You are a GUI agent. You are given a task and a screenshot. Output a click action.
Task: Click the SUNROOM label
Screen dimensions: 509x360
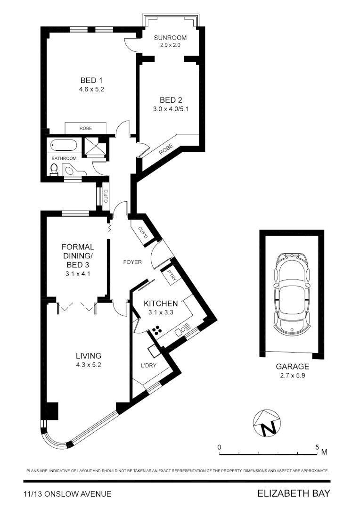(x=170, y=38)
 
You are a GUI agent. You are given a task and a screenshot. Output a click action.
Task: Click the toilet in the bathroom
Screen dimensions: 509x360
(x=54, y=169)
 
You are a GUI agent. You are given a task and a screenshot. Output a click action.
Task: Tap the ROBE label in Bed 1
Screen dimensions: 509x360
(x=85, y=128)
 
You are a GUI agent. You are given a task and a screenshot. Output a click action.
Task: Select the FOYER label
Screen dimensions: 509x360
(x=132, y=262)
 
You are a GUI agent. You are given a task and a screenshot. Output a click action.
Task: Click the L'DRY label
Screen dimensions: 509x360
(x=149, y=365)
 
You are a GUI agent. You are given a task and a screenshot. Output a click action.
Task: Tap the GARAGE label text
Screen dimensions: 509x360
(x=292, y=366)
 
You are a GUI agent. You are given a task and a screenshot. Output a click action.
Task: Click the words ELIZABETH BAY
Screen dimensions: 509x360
(x=293, y=493)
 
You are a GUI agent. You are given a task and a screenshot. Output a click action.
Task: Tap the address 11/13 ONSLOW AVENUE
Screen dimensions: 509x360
(x=67, y=494)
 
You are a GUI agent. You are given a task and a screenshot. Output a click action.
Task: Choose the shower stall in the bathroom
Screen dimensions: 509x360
(x=95, y=146)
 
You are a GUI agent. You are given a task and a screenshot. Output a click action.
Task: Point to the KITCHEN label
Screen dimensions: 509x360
(x=161, y=303)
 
